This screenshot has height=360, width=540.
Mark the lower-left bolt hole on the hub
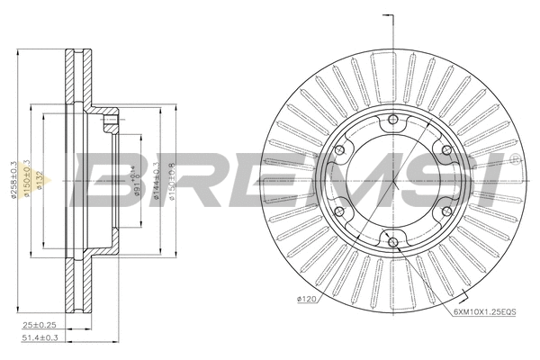[341, 211]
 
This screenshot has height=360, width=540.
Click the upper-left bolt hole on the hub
[341, 153]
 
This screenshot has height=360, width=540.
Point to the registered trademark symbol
[514, 159]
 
